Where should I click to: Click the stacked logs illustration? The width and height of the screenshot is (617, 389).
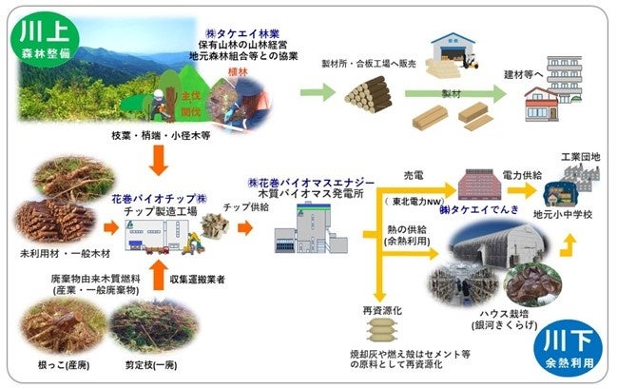[x=368, y=95]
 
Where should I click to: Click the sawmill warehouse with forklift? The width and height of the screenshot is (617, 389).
[x=453, y=57]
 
